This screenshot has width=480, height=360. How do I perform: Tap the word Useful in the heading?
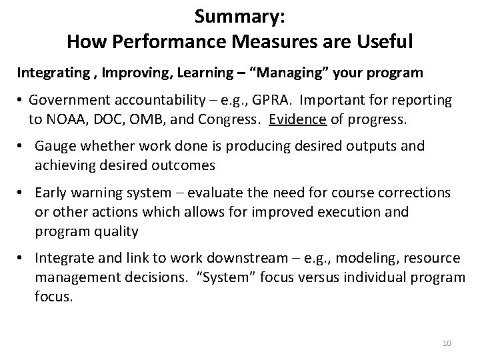pos(382,41)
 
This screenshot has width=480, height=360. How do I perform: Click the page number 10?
pos(447,343)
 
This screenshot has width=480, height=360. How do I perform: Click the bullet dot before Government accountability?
pos(21,101)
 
